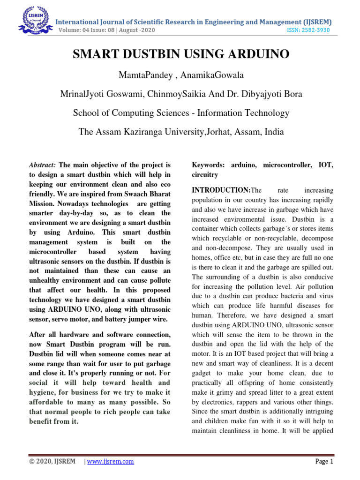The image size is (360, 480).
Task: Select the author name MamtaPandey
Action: tap(141, 76)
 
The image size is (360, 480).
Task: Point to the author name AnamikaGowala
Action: tap(196, 76)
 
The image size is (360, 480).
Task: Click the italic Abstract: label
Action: tap(43, 165)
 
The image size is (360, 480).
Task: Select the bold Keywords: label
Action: tap(209, 165)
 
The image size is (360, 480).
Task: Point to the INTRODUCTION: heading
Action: tap(222, 191)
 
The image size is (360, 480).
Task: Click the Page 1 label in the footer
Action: tap(323, 461)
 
